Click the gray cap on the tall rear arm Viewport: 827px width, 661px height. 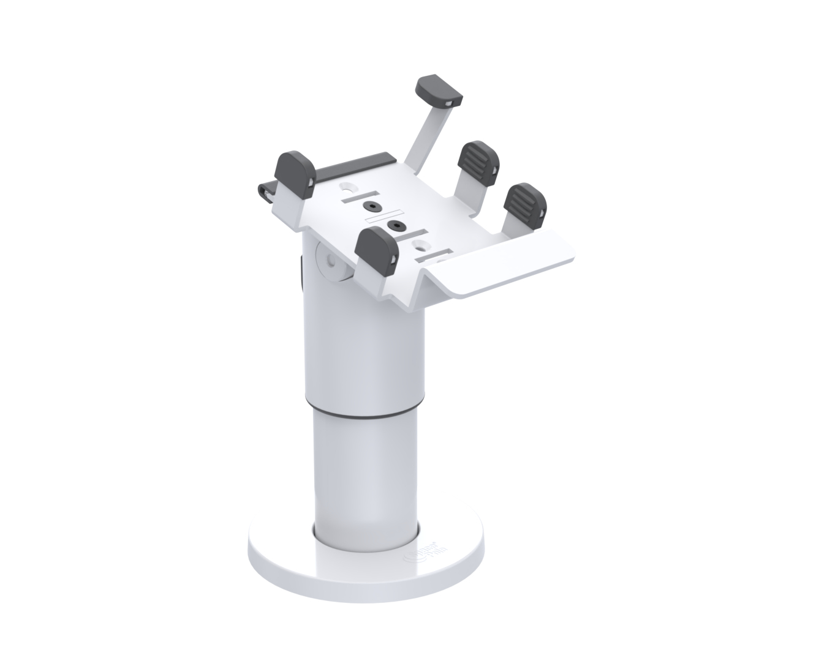point(439,90)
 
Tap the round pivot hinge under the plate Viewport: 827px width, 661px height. point(331,263)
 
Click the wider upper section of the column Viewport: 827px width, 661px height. point(368,343)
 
